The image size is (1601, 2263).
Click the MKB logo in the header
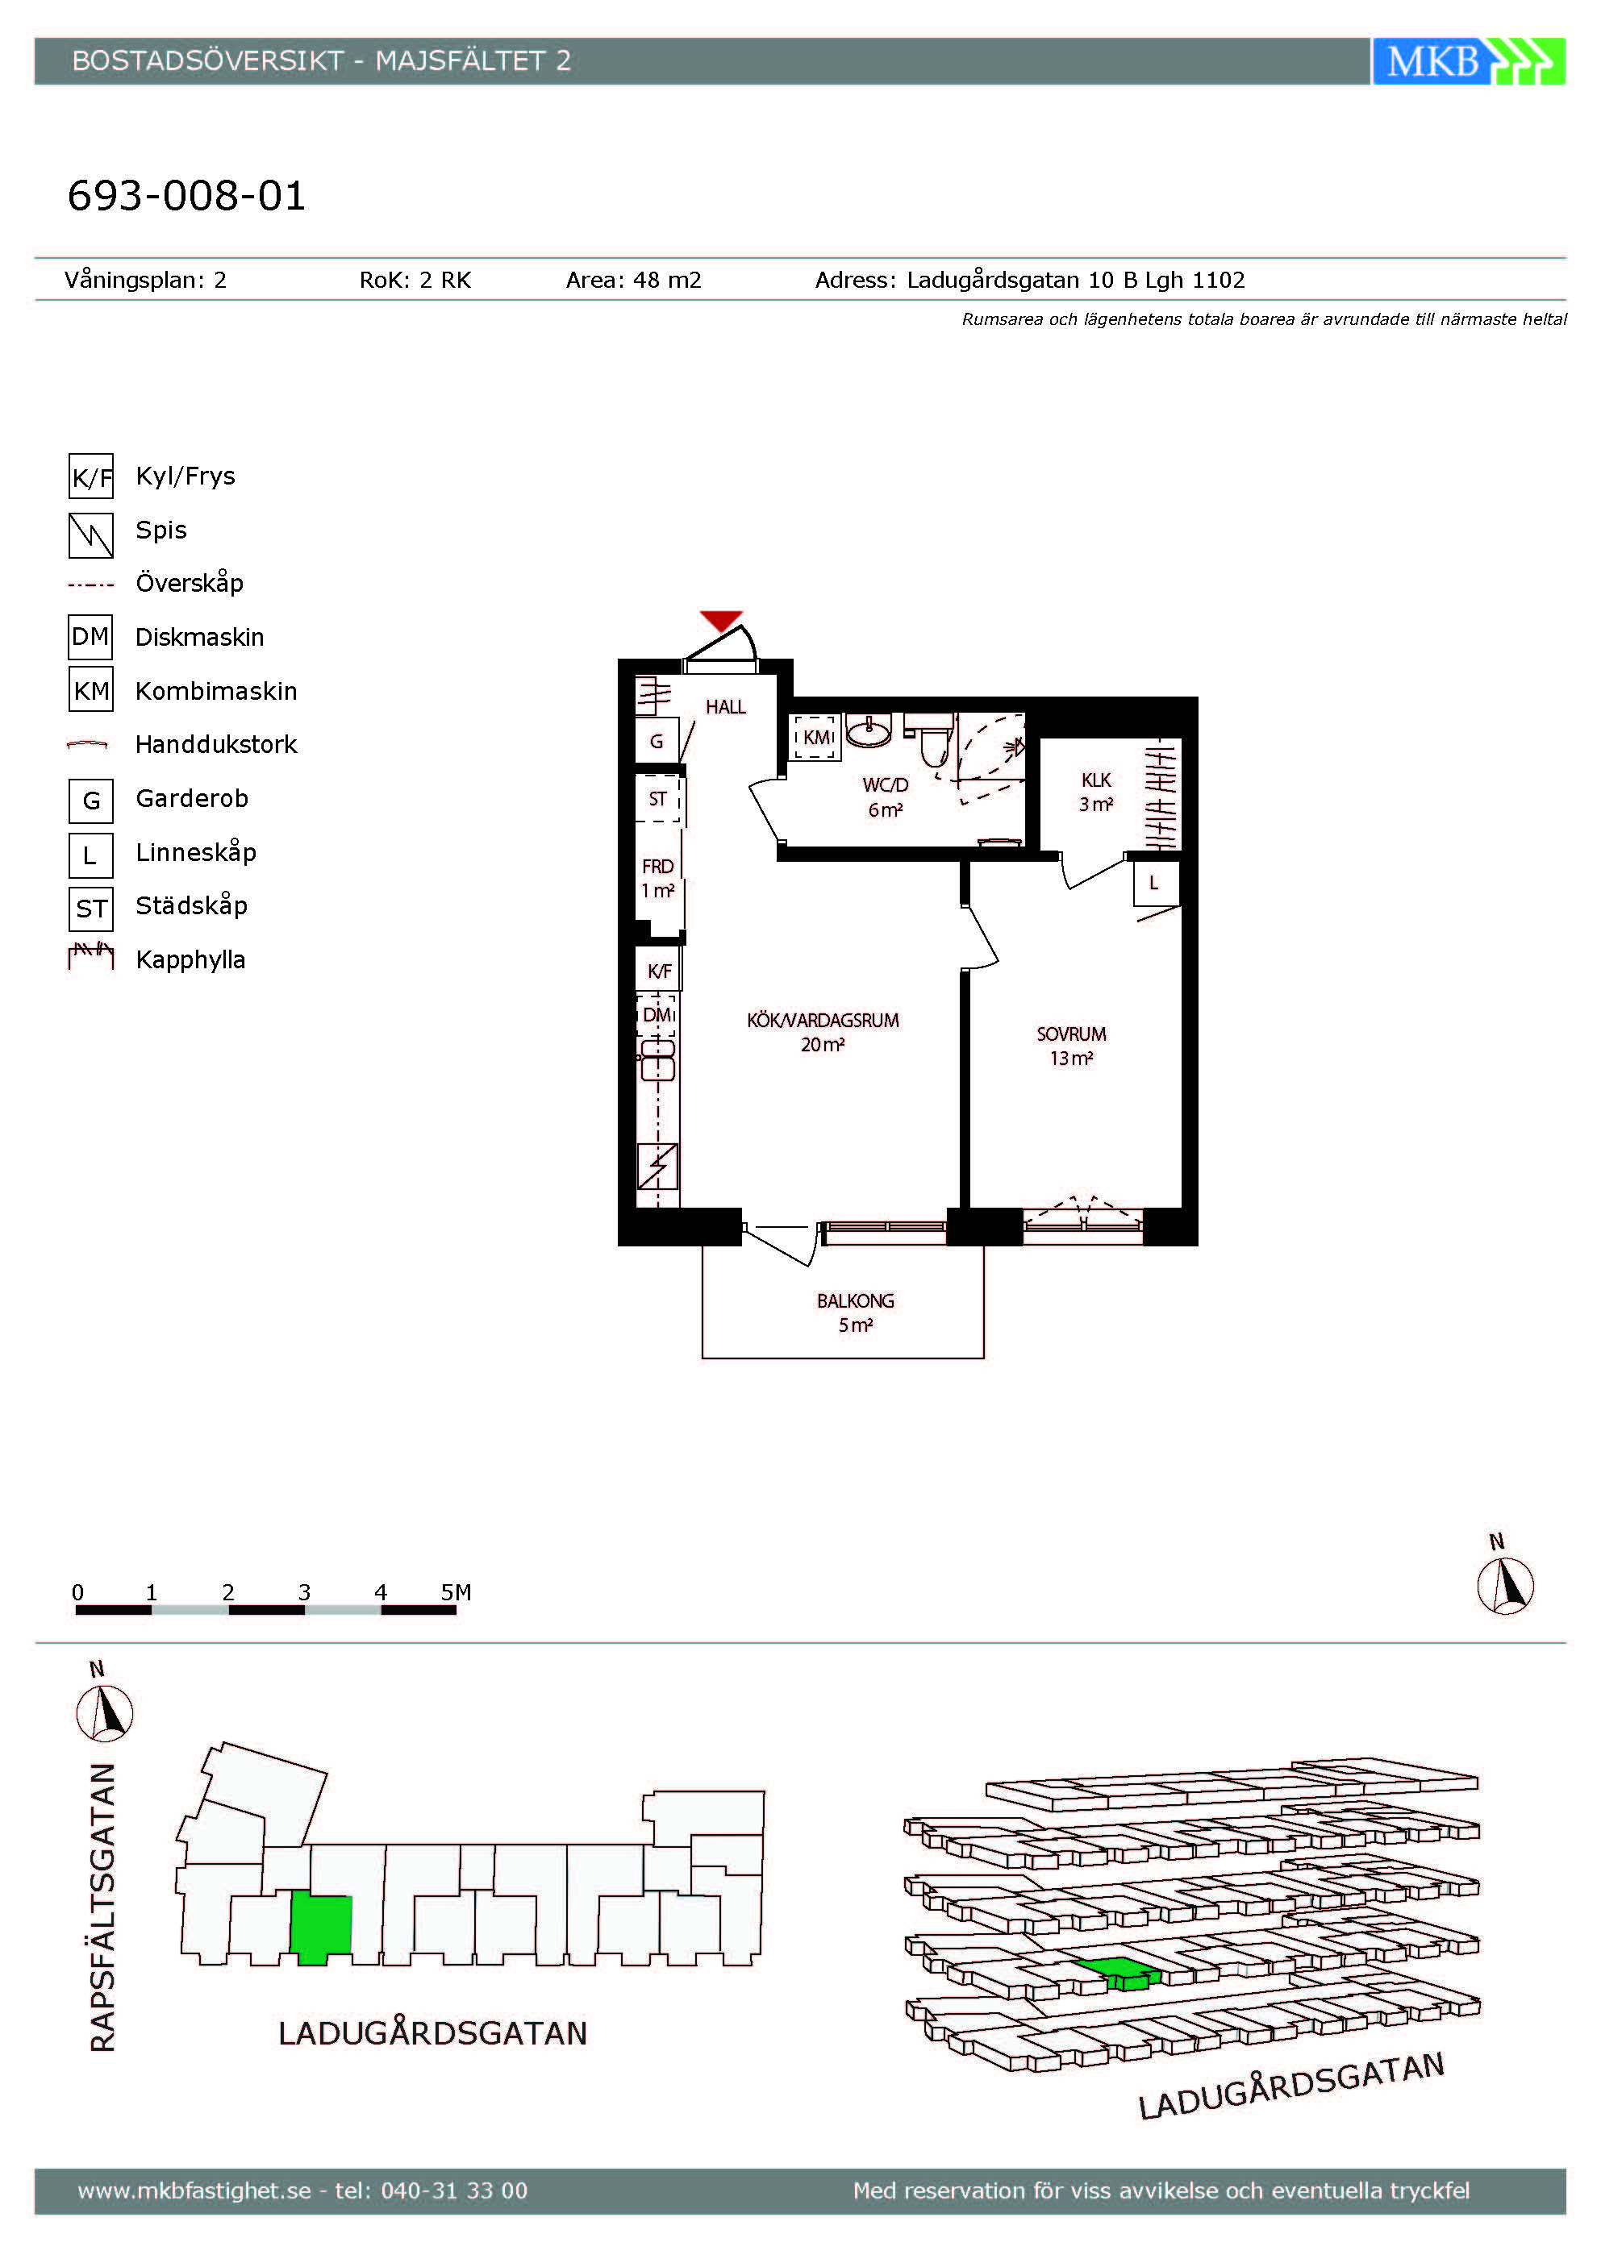pos(1468,61)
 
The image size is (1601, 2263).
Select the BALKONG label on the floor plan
pos(855,1301)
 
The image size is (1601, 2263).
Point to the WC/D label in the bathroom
pos(886,785)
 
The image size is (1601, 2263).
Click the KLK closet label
pos(1096,780)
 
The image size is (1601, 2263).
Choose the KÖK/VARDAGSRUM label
pos(822,1020)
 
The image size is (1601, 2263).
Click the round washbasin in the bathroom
pos(868,730)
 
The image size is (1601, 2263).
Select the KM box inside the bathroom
pos(815,737)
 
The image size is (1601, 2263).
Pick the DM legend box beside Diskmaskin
pos(90,637)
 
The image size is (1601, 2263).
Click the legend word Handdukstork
pos(216,744)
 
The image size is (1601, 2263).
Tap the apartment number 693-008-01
pos(186,195)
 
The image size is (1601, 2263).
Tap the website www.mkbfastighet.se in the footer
pos(194,2190)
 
